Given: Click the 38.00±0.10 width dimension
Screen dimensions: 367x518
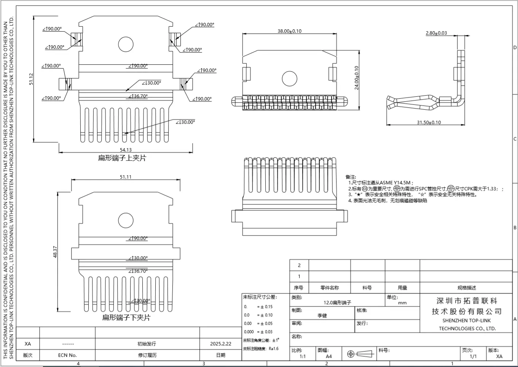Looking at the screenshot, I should click(289, 31).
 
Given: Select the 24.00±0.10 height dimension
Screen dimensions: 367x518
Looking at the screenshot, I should click(357, 78).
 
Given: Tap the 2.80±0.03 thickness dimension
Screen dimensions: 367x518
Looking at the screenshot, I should click(436, 33).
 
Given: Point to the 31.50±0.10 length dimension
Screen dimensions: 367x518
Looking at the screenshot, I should click(429, 122).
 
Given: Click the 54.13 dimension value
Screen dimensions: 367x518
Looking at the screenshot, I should click(126, 150).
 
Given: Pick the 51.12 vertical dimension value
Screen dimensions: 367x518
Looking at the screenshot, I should click(31, 79).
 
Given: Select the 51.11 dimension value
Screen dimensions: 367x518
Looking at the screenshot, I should click(126, 177).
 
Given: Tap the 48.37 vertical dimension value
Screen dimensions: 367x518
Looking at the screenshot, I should click(55, 252).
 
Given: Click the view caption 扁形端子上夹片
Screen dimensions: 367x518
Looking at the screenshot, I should click(122, 158).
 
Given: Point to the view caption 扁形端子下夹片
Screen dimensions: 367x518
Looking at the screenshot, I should click(126, 318).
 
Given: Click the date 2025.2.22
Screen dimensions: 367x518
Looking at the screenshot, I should click(221, 344).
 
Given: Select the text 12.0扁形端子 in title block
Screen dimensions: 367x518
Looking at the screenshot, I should click(337, 303).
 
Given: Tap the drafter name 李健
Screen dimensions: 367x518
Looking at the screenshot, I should click(322, 316).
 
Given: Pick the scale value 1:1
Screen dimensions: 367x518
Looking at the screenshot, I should click(303, 357).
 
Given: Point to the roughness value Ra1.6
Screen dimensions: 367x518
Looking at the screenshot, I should click(274, 348).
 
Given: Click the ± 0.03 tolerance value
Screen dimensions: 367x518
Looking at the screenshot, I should click(266, 332).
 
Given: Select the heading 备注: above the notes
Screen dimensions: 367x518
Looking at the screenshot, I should click(351, 177).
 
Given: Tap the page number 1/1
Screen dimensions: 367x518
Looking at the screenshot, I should click(473, 357).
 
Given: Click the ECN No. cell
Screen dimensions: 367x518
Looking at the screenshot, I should click(67, 355).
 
